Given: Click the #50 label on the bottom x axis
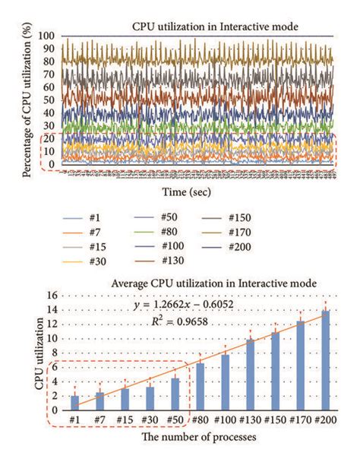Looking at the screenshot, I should [175, 419].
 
